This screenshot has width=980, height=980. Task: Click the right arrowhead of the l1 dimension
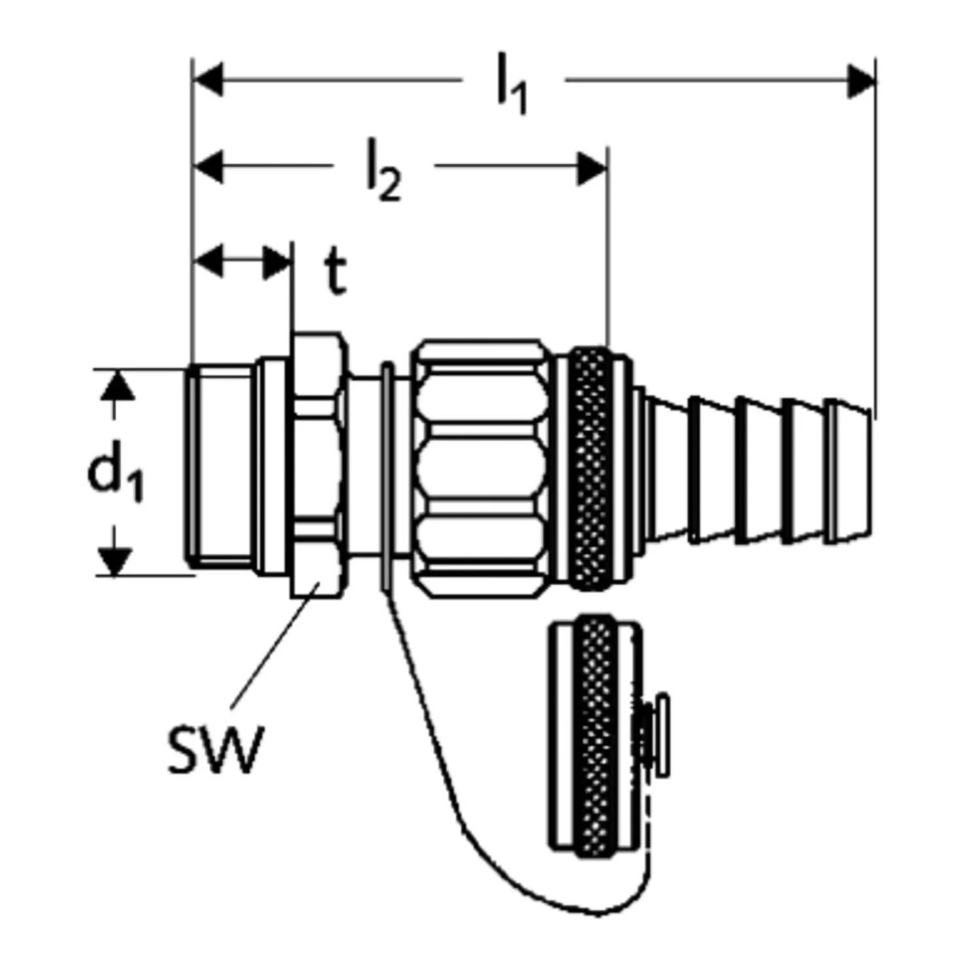pos(860,81)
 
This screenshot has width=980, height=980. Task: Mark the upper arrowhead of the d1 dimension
pos(116,385)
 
